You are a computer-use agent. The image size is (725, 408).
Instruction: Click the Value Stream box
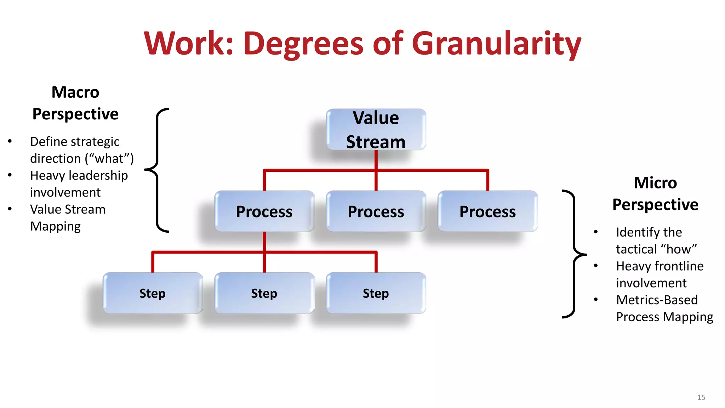tap(376, 129)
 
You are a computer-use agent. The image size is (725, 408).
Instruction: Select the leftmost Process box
tap(264, 211)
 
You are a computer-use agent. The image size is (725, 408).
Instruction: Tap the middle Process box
tap(376, 211)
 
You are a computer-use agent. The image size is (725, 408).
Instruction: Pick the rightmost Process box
tap(487, 211)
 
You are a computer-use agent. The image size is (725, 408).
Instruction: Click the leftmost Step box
tap(152, 293)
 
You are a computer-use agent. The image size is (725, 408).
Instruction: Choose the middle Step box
tap(264, 293)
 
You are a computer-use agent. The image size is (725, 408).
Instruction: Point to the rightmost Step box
tap(376, 293)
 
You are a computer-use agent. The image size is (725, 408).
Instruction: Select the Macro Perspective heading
tap(75, 103)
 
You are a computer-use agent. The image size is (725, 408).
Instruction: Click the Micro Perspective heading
tap(655, 194)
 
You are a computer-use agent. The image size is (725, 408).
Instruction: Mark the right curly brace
tap(574, 254)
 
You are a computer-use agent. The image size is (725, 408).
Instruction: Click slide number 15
tap(701, 397)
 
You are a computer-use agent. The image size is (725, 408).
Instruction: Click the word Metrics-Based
tap(657, 300)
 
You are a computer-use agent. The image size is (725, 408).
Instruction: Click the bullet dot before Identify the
tap(596, 232)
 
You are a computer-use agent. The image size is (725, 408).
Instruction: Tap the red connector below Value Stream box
tap(376, 160)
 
